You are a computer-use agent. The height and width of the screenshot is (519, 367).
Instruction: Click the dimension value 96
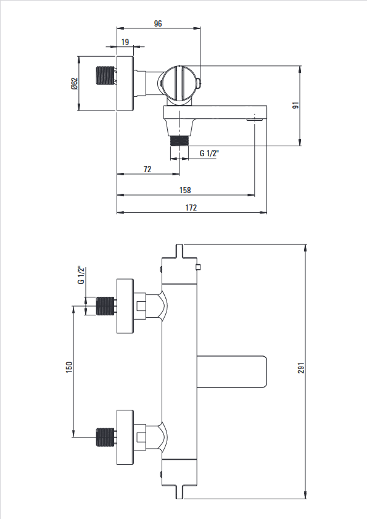click(158, 23)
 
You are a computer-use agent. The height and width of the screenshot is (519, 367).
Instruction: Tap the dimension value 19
click(125, 42)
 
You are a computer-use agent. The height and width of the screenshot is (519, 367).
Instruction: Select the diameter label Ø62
click(74, 83)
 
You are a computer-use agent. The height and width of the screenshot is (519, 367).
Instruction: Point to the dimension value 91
click(296, 106)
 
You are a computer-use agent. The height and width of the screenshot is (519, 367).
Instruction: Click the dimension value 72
click(147, 169)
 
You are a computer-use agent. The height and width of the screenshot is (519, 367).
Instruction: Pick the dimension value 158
click(185, 190)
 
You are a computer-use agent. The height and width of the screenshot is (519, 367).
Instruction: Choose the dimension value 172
click(191, 207)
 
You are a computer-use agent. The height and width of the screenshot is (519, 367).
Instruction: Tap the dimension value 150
click(69, 367)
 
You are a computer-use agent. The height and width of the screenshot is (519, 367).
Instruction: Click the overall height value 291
click(301, 368)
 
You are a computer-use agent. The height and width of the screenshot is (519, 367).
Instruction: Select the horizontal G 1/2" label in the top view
click(210, 153)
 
